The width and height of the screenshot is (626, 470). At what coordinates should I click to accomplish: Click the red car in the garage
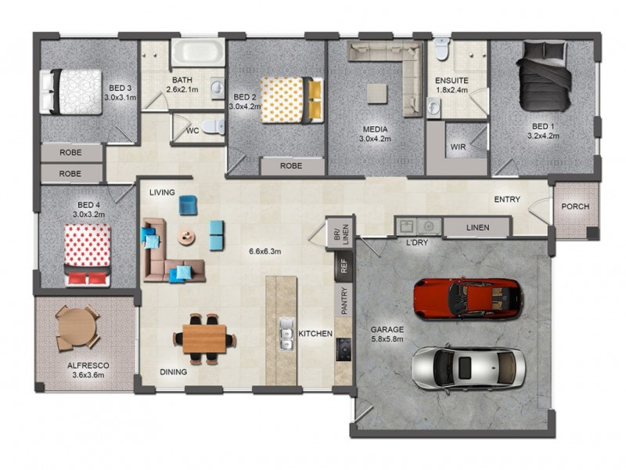pos(468,298)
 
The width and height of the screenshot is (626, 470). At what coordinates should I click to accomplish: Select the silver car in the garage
pos(467,367)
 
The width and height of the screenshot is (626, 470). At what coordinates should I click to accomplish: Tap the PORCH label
pos(575,207)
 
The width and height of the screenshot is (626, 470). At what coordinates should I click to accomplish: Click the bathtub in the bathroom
pos(196,53)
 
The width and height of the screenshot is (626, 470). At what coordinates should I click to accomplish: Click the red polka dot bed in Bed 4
pos(87,253)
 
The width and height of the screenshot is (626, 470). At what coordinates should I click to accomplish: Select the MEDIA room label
pos(375,129)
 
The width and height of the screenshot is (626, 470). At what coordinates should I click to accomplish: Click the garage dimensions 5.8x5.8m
pos(387,340)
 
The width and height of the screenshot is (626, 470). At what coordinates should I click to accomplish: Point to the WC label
pos(192,131)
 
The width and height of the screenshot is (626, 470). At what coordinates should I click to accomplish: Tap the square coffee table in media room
pos(377,93)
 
